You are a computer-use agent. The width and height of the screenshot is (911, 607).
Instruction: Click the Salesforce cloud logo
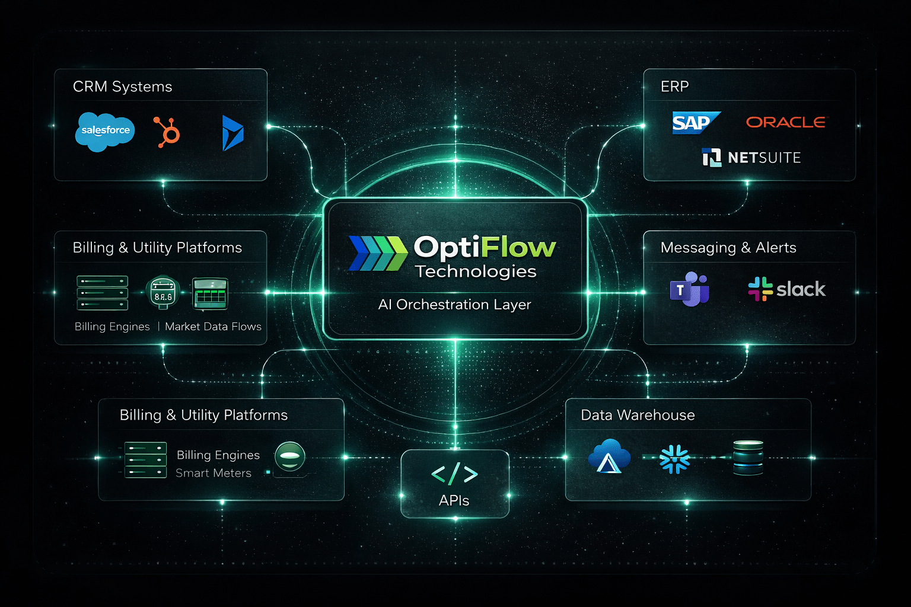pos(105,131)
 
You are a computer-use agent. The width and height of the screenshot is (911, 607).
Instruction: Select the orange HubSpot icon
pos(167,132)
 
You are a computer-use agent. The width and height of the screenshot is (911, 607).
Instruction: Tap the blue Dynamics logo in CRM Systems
pos(232,133)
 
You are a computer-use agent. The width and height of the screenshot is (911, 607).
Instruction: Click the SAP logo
pos(694,123)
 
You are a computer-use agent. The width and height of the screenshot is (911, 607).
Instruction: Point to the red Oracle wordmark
pos(785,122)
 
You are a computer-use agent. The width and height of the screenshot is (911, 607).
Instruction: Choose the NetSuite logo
pos(751,158)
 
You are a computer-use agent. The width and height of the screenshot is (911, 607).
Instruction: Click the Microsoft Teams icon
pos(689,289)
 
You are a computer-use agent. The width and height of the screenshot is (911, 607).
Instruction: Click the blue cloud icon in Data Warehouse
pos(609,456)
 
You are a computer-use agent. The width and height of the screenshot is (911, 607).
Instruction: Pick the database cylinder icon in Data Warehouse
pos(748,458)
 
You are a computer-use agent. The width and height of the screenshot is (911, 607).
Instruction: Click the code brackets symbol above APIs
pos(454,474)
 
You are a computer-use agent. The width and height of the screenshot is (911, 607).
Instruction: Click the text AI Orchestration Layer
pos(454,305)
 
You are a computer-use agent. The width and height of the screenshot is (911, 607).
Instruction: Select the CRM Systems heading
pos(122,87)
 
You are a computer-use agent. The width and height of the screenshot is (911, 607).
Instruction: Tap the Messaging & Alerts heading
pos(728,248)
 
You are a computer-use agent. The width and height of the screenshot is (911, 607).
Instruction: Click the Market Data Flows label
pos(213,327)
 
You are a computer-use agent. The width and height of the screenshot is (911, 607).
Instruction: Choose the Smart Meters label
pos(214,473)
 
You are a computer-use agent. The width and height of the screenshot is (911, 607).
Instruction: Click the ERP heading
pos(674,87)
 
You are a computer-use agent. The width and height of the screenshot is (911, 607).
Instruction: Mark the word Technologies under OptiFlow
pos(476,271)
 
